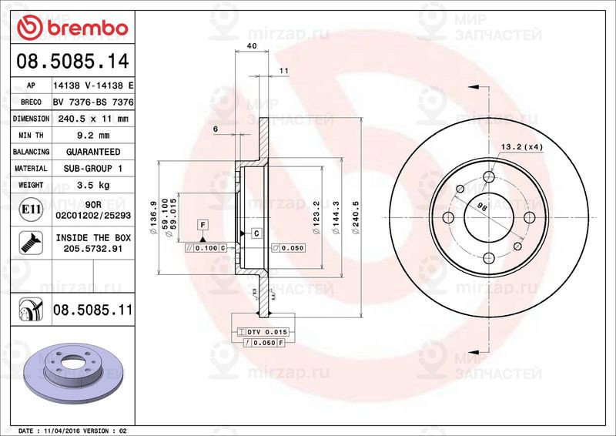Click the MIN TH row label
pos(31,136)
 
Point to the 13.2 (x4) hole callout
pos(522,146)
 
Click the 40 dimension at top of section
pos(251,47)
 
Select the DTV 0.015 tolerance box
pos(266,330)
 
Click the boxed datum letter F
pos(203,225)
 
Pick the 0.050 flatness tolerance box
pos(289,248)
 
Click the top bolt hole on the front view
pos(489,178)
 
